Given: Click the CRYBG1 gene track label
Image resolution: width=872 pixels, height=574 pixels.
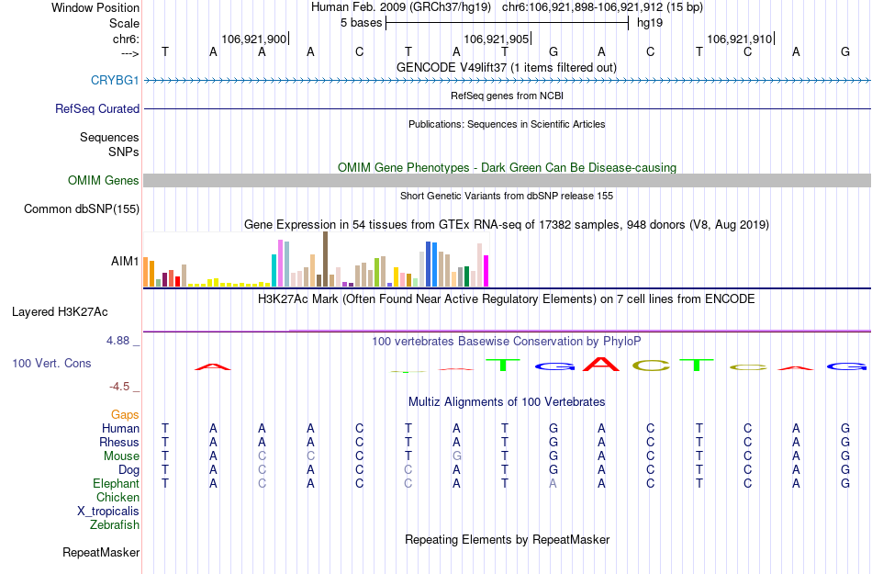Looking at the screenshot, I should (x=115, y=80).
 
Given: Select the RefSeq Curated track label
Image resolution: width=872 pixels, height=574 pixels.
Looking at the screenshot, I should (x=97, y=108).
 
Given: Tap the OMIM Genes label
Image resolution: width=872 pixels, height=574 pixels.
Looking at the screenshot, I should (x=104, y=180).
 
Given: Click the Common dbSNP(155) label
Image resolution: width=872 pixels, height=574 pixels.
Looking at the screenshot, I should (x=82, y=209).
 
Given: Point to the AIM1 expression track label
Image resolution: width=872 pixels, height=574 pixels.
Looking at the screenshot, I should (x=125, y=262).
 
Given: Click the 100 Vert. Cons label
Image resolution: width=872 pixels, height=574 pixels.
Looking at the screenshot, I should (x=51, y=364).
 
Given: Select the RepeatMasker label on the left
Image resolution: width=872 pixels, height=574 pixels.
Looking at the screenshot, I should (x=101, y=553).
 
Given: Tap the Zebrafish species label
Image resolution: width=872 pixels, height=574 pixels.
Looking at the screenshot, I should (x=115, y=525).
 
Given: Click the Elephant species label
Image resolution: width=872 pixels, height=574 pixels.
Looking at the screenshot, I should (x=116, y=484).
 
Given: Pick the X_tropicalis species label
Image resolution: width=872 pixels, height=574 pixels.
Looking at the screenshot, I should (x=108, y=512).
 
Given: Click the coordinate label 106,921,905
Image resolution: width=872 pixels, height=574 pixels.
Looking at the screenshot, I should (x=497, y=39).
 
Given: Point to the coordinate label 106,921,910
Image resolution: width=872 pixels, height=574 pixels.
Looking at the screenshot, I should (x=739, y=39).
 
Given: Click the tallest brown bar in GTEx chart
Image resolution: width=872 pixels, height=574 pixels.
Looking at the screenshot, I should (x=325, y=259).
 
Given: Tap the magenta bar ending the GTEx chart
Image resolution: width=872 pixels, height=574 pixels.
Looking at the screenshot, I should (x=486, y=271).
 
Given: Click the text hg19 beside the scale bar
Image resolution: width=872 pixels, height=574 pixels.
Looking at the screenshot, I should (x=650, y=23).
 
